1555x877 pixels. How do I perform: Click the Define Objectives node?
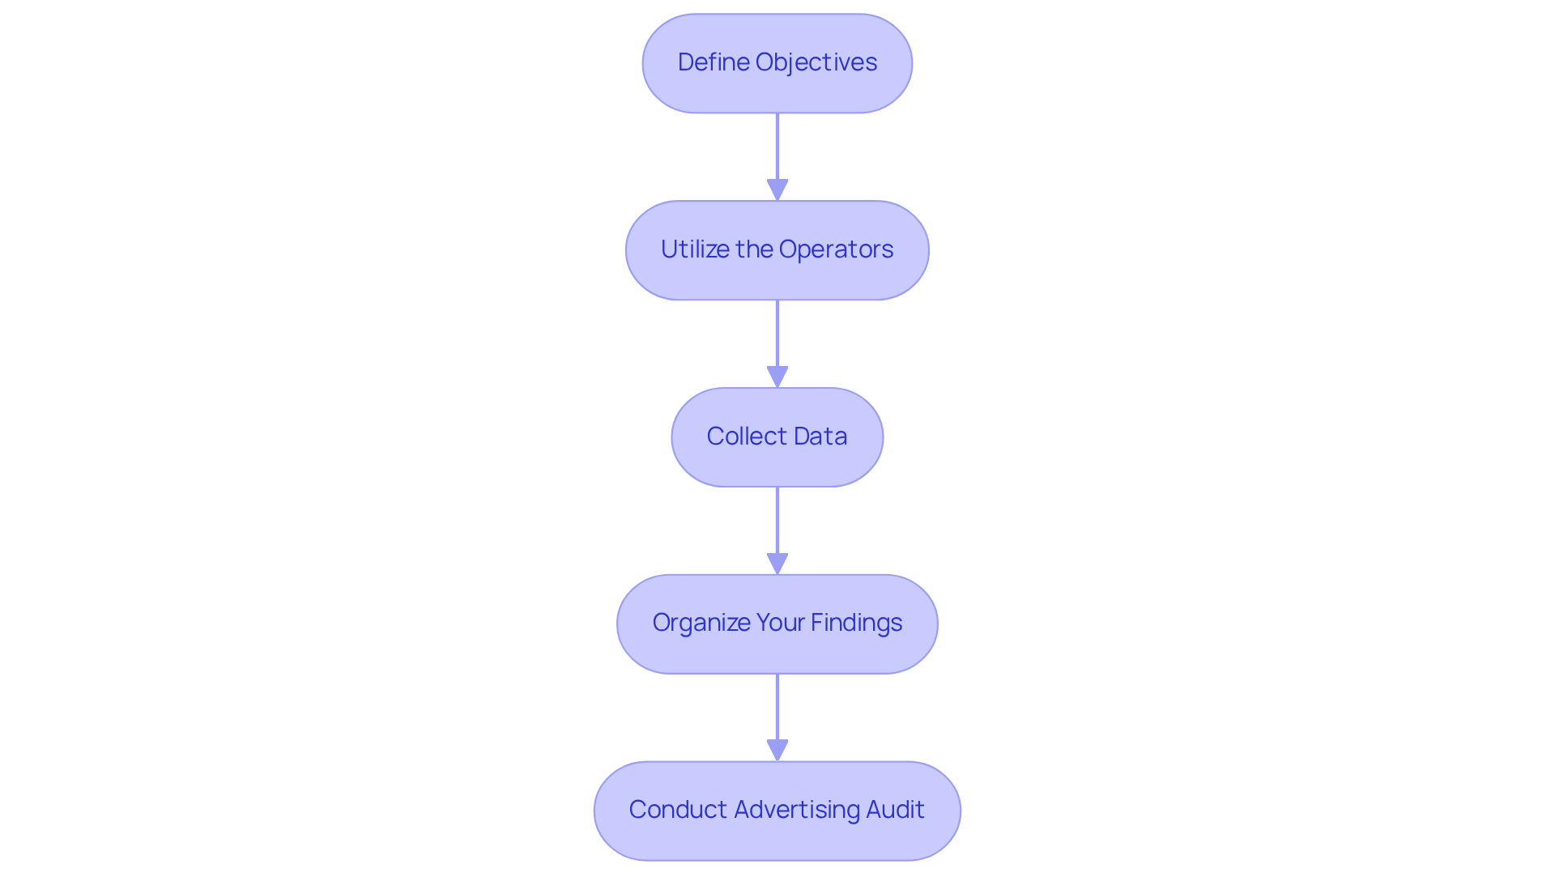[777, 63]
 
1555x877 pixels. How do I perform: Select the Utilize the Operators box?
[777, 250]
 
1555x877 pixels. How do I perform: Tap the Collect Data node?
[777, 437]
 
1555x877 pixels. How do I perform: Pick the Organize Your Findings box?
[777, 624]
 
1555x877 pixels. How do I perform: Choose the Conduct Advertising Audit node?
[777, 811]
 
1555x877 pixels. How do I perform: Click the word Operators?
[836, 249]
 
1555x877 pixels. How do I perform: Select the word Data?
[820, 436]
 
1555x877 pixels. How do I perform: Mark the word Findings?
[856, 623]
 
